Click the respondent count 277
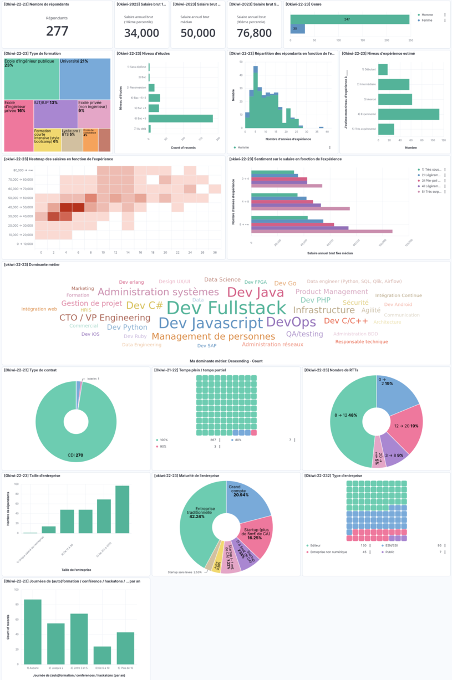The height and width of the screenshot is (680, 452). [57, 31]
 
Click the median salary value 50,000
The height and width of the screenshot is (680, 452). [198, 33]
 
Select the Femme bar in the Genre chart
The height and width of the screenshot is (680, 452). [298, 29]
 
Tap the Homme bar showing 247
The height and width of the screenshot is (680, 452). [350, 19]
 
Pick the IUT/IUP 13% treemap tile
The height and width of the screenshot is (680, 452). [55, 114]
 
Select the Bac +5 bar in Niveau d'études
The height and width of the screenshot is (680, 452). [181, 118]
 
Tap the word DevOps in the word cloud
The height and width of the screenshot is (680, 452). [291, 322]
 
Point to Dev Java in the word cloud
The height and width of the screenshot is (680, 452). [256, 293]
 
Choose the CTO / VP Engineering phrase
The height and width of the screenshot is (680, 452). [105, 318]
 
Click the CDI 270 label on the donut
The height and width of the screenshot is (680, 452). [75, 456]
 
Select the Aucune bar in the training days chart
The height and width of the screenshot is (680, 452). [33, 632]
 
